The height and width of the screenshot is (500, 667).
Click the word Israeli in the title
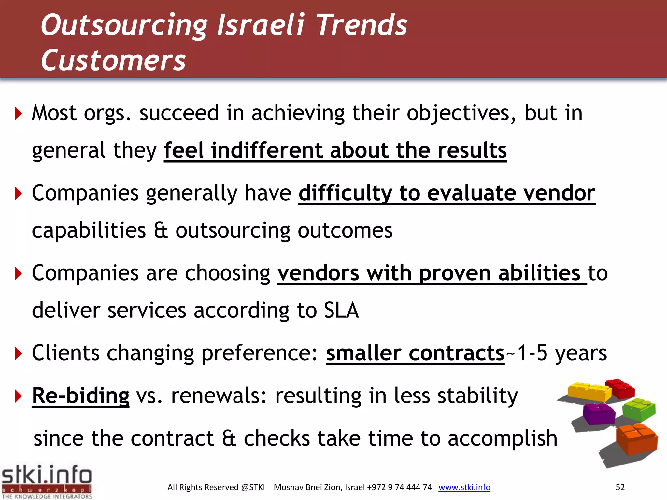261,25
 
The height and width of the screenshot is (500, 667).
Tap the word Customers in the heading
113,61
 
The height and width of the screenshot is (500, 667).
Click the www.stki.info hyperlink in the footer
464,487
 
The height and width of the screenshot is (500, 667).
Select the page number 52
620,487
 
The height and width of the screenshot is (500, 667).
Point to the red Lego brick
620,388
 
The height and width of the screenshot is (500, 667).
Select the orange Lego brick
636,438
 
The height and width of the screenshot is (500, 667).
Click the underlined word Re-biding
80,396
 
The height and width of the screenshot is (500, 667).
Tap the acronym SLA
341,310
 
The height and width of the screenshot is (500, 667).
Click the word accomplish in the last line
503,438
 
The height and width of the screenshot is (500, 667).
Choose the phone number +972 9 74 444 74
399,487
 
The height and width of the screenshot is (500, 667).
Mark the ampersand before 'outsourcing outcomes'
161,230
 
